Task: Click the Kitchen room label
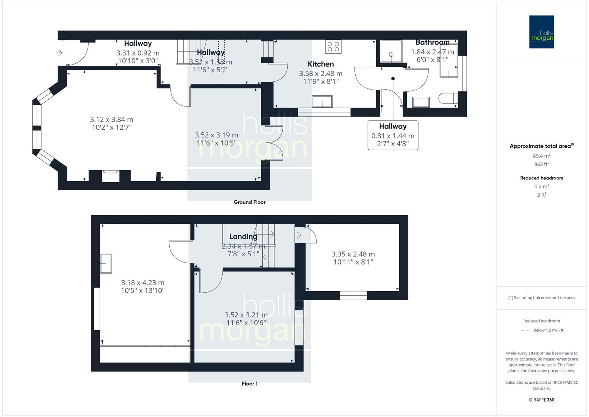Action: coord(321,64)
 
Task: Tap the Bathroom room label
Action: coord(432,42)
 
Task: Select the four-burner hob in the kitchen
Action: coord(333,47)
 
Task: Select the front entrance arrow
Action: coord(59,53)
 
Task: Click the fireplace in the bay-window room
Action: coord(111,176)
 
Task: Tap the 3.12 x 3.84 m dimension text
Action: coord(111,120)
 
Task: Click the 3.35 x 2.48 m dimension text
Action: coord(353,254)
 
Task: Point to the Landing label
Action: coord(243,237)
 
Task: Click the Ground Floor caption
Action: coord(250,202)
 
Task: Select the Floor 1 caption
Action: coord(250,383)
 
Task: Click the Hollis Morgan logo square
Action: coord(542,32)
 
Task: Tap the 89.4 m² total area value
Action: coord(542,156)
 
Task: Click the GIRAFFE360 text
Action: coord(542,400)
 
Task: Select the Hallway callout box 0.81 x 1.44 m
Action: coord(393,135)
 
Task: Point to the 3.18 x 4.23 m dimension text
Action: coord(143,283)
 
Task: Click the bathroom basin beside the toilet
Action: coord(421,102)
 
